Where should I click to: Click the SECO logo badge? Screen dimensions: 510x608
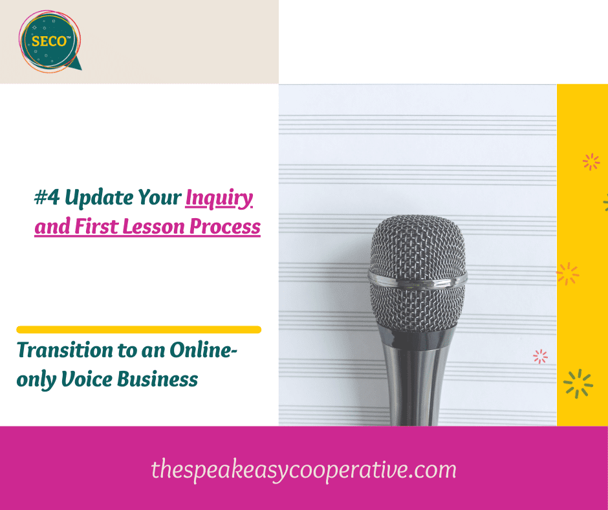(x=50, y=41)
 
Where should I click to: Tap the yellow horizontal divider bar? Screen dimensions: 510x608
(x=138, y=329)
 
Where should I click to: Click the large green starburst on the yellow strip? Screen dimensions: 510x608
(x=578, y=382)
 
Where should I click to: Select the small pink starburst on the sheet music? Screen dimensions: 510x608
(x=540, y=356)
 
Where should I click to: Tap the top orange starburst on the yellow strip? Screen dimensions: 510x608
(x=591, y=162)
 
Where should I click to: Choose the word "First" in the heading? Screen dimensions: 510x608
(x=88, y=227)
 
